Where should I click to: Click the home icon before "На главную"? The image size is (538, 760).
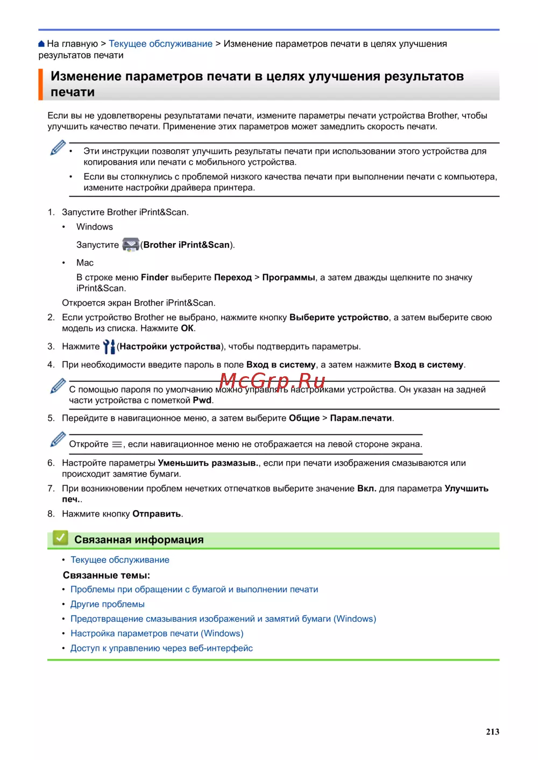[x=42, y=44]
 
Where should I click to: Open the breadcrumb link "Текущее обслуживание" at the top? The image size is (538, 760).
[x=160, y=44]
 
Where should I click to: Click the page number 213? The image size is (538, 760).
[x=492, y=732]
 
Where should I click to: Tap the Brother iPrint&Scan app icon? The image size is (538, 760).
[x=131, y=245]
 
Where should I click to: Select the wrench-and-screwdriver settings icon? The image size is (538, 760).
[x=109, y=347]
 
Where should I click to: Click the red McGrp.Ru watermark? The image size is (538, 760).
[x=272, y=381]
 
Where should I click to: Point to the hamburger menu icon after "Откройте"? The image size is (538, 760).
[x=117, y=444]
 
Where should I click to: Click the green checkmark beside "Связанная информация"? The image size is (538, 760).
[x=60, y=538]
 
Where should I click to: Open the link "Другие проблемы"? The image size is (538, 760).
[x=108, y=604]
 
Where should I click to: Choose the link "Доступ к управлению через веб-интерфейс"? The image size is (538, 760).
[x=161, y=648]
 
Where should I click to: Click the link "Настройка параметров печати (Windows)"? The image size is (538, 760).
[x=157, y=633]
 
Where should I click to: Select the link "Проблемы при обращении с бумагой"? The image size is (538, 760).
[x=194, y=589]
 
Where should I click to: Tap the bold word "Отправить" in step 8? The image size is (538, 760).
[x=157, y=514]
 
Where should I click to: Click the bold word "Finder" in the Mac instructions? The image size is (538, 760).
[x=154, y=277]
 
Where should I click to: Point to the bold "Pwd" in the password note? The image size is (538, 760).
[x=202, y=400]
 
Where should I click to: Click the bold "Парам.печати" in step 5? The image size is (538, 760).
[x=360, y=418]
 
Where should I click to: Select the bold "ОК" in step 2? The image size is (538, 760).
[x=187, y=328]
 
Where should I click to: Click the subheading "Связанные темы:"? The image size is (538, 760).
[x=107, y=575]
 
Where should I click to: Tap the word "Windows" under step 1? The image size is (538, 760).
[x=95, y=227]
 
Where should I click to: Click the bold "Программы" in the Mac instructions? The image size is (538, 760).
[x=288, y=277]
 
